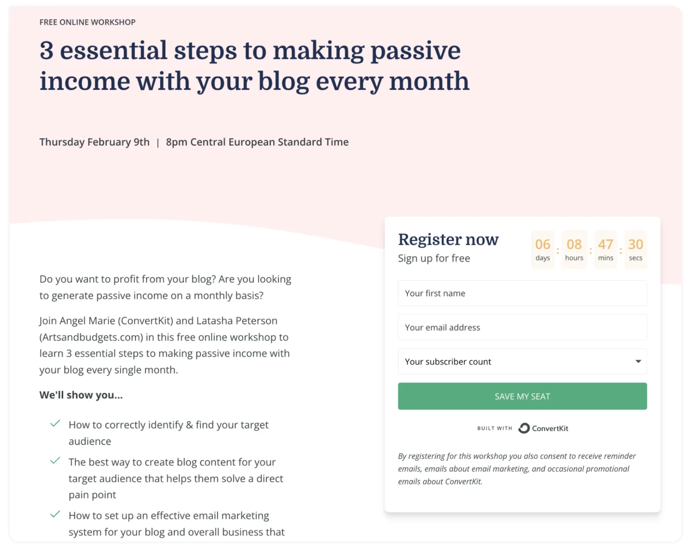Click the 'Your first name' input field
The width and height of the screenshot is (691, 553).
coord(522,293)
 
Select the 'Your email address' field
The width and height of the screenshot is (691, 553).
coord(522,327)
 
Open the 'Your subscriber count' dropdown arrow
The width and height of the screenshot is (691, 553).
coord(638,361)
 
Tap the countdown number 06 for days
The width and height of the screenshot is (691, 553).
coord(542,244)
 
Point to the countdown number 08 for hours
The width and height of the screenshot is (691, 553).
coord(574,244)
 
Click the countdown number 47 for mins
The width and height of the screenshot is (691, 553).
coord(605,244)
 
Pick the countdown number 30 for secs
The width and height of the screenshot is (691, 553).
coord(635,244)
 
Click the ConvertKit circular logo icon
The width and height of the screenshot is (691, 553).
coord(524,428)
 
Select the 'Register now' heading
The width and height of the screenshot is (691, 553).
coord(448,239)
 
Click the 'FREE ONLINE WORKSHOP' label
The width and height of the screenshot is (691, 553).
coord(88,22)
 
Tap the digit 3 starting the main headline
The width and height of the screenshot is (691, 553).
coord(47,50)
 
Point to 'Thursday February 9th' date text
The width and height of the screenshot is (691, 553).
coord(94,142)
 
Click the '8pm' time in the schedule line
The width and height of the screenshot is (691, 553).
coord(176,142)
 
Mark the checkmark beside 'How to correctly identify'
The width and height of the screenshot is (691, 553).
coord(55,423)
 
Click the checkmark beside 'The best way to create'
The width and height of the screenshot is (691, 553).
coord(55,460)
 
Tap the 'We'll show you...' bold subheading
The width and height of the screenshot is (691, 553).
coord(81,395)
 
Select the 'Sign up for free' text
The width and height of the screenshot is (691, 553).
coord(434,258)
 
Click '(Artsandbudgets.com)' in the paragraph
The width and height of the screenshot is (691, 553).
coord(91,337)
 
